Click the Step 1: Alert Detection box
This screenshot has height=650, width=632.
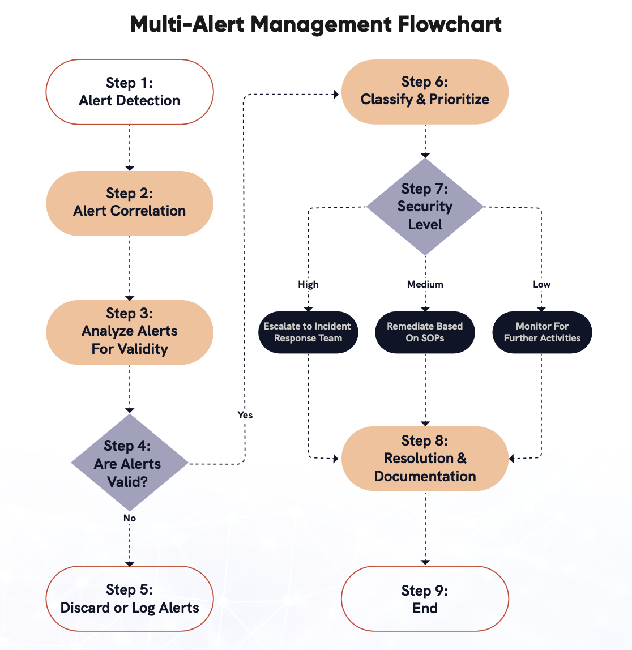click(129, 92)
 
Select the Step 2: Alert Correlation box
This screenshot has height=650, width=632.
click(129, 203)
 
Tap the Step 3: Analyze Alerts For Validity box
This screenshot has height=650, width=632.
click(129, 332)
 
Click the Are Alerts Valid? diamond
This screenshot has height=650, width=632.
click(129, 463)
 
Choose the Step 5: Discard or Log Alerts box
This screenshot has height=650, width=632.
click(129, 598)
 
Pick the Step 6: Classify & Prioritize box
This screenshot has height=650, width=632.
click(425, 91)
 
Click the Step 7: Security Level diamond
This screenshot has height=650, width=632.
click(425, 207)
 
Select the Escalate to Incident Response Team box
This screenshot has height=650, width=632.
click(308, 332)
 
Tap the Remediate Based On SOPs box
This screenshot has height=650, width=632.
click(425, 332)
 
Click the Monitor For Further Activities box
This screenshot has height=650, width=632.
click(542, 332)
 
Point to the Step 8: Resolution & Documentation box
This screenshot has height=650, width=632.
click(425, 458)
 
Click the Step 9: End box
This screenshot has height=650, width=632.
click(425, 598)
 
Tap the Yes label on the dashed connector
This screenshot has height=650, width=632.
click(245, 415)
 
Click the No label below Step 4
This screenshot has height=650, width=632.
click(129, 518)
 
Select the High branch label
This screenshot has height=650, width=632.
click(308, 284)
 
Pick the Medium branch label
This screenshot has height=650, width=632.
click(425, 284)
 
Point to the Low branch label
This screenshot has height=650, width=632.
click(541, 284)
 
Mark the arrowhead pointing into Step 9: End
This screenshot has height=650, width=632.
click(425, 562)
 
